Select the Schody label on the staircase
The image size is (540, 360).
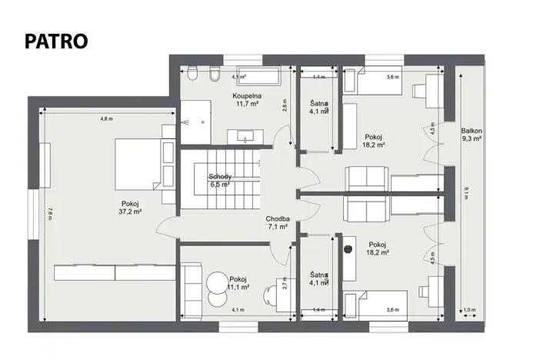click(x=220, y=181)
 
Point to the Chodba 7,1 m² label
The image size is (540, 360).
click(x=277, y=223)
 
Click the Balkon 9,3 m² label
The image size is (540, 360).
click(x=471, y=135)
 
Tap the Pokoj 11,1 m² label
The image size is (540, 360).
click(x=238, y=282)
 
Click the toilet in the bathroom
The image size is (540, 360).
click(x=213, y=75)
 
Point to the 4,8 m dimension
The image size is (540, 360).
click(x=106, y=118)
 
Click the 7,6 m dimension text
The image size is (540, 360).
click(x=48, y=215)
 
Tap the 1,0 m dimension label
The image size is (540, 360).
click(x=470, y=310)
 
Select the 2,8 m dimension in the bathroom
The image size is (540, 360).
click(x=284, y=105)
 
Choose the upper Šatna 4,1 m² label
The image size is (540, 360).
click(x=319, y=108)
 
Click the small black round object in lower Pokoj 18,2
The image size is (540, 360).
click(x=348, y=249)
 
